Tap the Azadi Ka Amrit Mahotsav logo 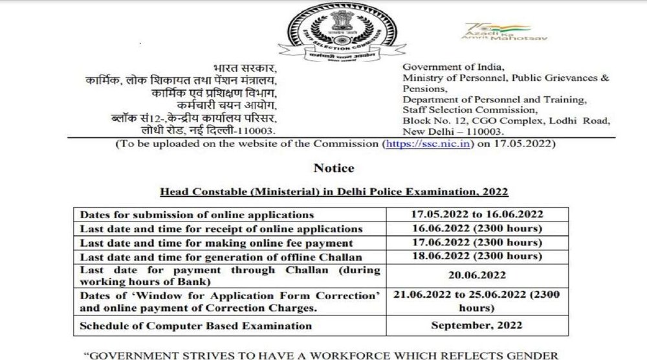pos(492,32)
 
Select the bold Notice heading pos(334,168)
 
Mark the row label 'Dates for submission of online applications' pos(196,214)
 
